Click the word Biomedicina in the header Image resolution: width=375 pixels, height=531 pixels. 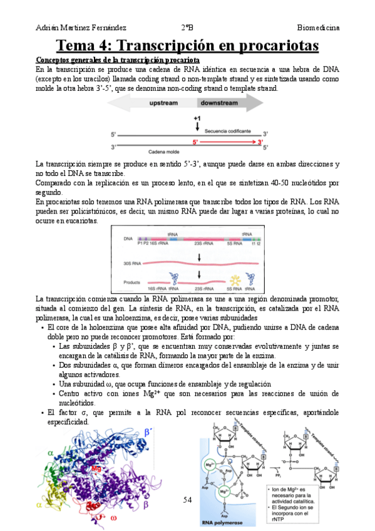click(319, 28)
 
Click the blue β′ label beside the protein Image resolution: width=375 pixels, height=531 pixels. click(148, 432)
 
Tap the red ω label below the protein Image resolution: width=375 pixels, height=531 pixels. click(113, 518)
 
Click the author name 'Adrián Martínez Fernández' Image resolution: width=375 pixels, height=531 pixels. click(81, 28)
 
